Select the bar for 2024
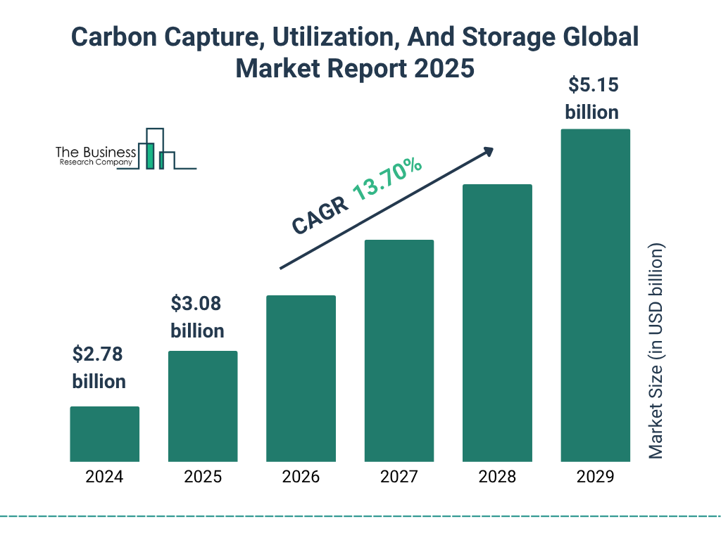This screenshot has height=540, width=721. click(104, 434)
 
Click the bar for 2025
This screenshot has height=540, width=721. click(203, 406)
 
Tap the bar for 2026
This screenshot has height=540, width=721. click(301, 378)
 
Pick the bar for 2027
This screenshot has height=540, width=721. click(399, 350)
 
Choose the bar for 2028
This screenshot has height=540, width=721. click(497, 323)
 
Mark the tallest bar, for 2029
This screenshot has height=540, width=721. click(595, 295)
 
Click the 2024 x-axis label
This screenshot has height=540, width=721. click(104, 477)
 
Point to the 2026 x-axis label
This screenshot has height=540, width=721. click(301, 477)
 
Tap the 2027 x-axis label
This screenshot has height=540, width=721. click(399, 477)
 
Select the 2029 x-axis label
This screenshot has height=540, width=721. click(595, 477)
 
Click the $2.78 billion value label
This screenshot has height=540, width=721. click(99, 368)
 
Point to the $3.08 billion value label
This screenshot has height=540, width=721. click(197, 317)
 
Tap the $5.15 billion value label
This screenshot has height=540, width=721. click(592, 98)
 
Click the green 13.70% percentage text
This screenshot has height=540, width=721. click(387, 179)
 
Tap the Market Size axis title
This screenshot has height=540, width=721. click(656, 352)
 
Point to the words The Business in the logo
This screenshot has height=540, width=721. click(96, 152)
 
